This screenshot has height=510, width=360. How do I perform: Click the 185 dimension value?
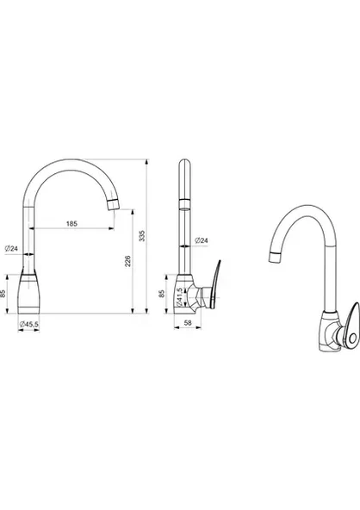point(71,223)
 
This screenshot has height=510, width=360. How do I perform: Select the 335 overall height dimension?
point(142,236)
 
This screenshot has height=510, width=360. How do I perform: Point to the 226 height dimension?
point(127,261)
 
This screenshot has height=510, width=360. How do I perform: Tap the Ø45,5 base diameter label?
point(29,324)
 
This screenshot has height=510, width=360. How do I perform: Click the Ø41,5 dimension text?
point(179,296)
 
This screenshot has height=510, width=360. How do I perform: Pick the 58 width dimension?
point(188,323)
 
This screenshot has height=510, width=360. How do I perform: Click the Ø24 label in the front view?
point(11,249)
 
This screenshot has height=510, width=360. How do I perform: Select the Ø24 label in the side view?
point(202,240)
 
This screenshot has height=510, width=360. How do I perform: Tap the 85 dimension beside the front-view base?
point(3,294)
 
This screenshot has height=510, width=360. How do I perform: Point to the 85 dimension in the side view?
point(162,294)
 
